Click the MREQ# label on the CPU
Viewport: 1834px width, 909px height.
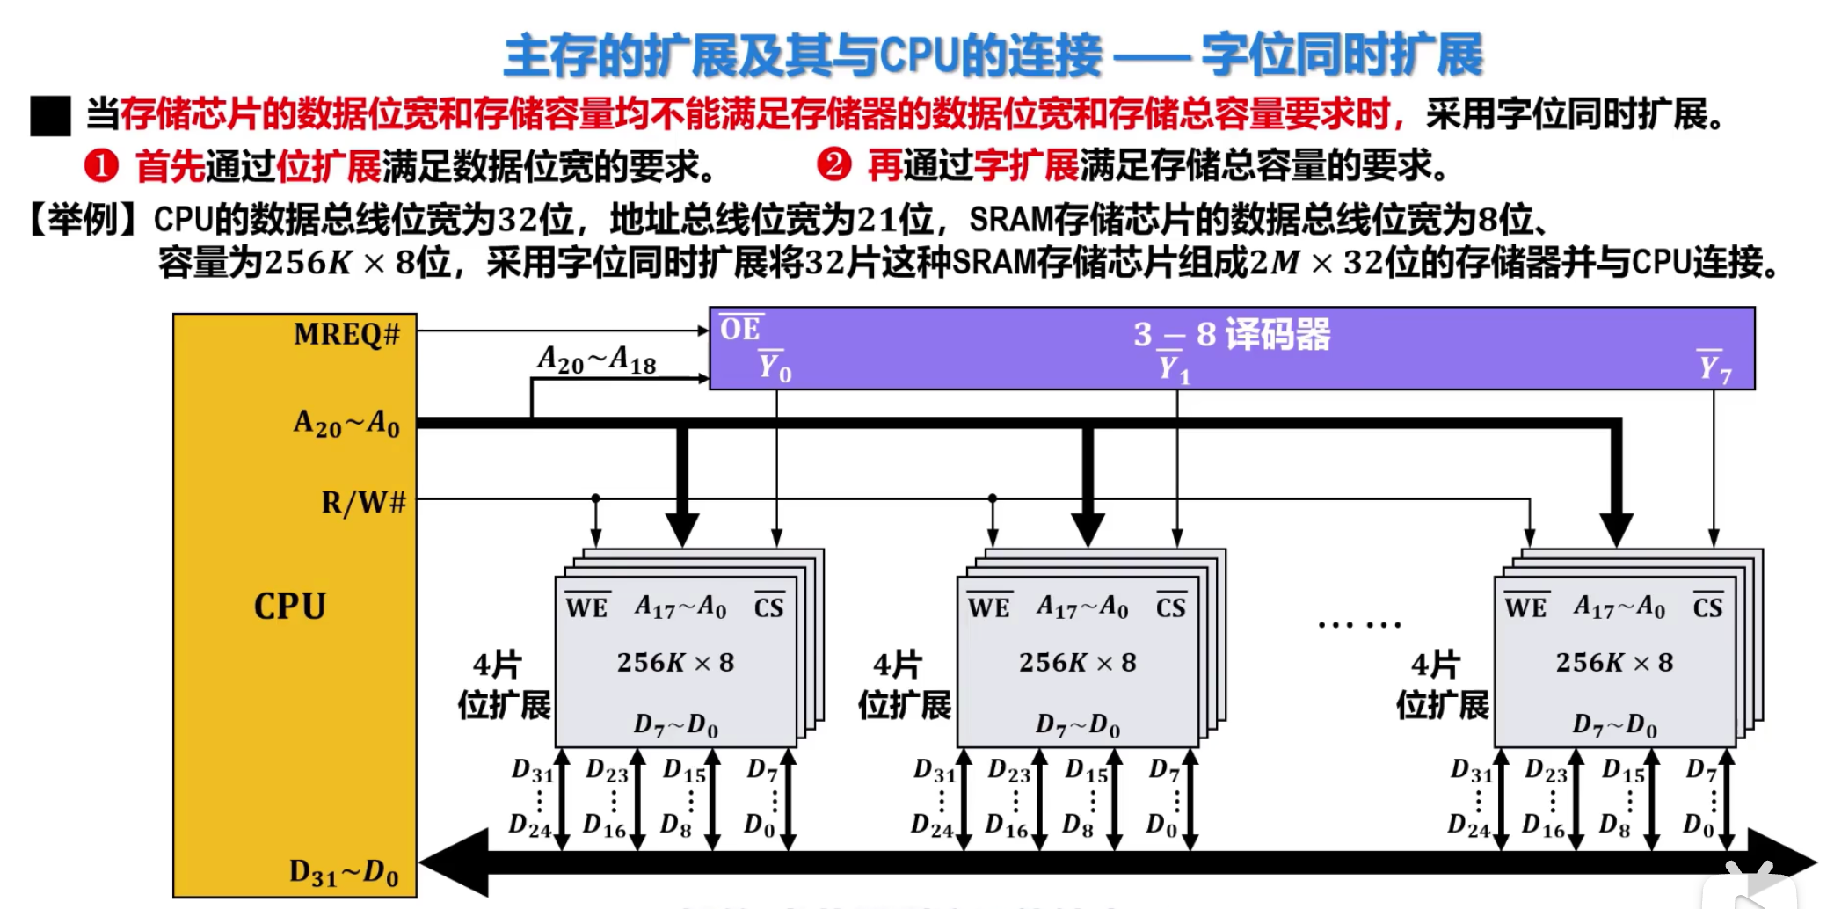point(346,335)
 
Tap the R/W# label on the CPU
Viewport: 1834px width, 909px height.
point(363,503)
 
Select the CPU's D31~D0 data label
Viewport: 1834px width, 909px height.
point(344,873)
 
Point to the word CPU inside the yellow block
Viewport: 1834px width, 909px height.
point(289,607)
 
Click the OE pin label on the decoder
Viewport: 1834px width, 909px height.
point(740,329)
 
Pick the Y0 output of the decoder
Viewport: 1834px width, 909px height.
point(775,367)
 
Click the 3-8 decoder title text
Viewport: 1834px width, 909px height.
point(1231,334)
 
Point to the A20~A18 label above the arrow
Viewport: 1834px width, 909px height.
point(597,360)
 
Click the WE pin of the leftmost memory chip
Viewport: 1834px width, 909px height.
point(586,607)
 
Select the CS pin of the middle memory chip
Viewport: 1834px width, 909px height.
point(1170,607)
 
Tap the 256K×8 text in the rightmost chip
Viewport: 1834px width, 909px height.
point(1614,662)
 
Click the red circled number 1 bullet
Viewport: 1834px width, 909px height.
point(101,165)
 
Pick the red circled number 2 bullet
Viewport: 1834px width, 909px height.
point(833,164)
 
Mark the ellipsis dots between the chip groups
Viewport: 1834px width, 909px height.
point(1359,625)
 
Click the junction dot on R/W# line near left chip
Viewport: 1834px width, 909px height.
point(595,498)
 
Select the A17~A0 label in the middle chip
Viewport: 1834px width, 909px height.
point(1082,607)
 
